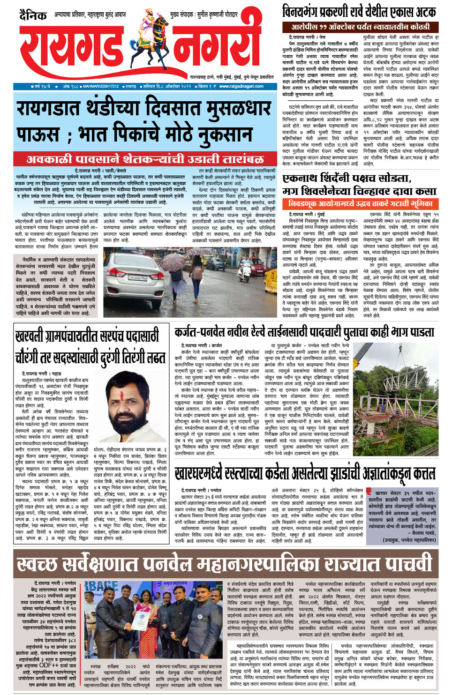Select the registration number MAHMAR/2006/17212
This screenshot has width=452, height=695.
[101, 86]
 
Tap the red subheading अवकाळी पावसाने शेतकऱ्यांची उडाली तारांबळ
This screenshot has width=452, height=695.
[145, 159]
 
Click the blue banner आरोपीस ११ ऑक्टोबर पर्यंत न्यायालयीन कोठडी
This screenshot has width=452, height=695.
[360, 27]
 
